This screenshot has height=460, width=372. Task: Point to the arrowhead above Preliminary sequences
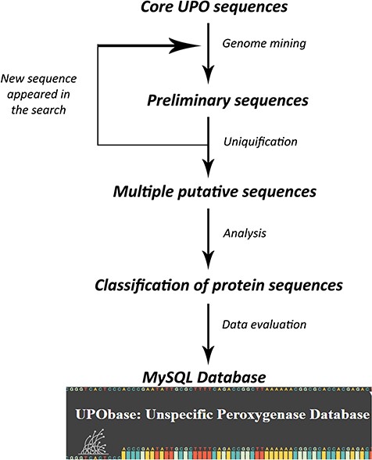click(x=207, y=76)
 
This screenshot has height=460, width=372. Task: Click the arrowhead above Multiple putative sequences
click(x=207, y=167)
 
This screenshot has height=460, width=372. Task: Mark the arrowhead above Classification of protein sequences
click(x=207, y=257)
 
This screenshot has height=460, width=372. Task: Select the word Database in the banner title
click(x=331, y=412)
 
